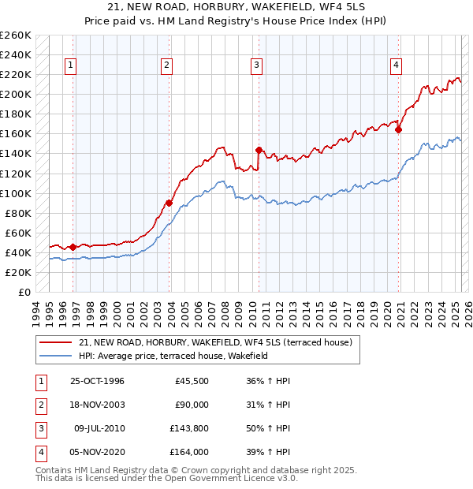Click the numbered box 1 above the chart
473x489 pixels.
click(x=71, y=66)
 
